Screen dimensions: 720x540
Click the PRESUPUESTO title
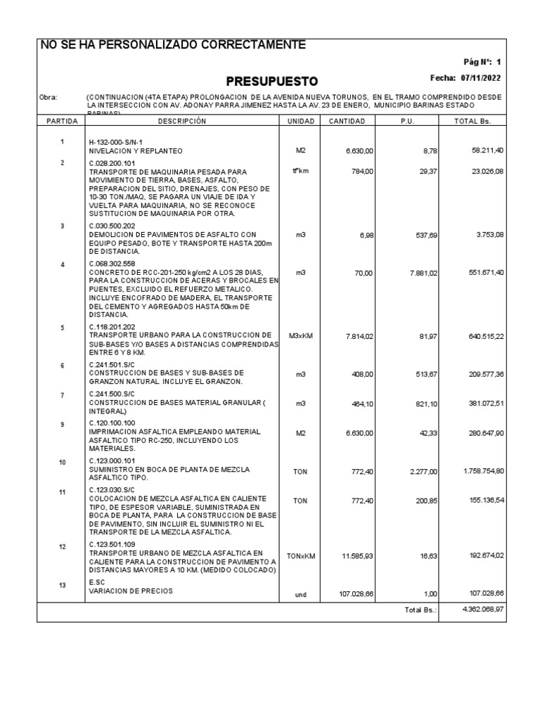pyautogui.click(x=272, y=81)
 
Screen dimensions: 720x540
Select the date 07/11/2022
pyautogui.click(x=481, y=78)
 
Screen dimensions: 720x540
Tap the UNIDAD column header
pyautogui.click(x=300, y=122)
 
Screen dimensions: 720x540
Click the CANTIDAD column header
pyautogui.click(x=347, y=122)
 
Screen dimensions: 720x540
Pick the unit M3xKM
pyautogui.click(x=300, y=336)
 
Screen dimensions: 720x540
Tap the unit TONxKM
pyautogui.click(x=300, y=556)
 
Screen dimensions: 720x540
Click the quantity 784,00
pyautogui.click(x=361, y=170)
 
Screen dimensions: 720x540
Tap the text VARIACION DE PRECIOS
pyautogui.click(x=131, y=591)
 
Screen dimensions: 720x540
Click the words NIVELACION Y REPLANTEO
pyautogui.click(x=136, y=151)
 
